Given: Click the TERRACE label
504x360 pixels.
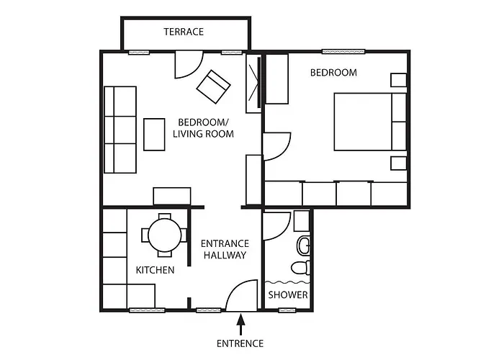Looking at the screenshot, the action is [x=184, y=32].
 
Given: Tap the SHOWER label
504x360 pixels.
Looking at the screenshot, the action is [x=288, y=294].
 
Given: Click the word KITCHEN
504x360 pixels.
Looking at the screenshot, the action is [x=155, y=270].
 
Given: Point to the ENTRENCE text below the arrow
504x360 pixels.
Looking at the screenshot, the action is [x=240, y=343].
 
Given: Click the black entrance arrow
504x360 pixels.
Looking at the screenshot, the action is [x=240, y=325].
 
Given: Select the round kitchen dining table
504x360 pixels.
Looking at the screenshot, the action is [x=165, y=235].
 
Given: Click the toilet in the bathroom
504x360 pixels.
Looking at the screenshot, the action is [x=301, y=268].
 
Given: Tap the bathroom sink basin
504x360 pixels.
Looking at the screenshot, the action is [x=304, y=246].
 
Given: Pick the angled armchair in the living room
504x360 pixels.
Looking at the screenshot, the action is [x=213, y=87].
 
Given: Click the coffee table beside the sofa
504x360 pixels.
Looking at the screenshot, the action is [x=154, y=135].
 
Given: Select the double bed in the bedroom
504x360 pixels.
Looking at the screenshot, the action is [x=370, y=122].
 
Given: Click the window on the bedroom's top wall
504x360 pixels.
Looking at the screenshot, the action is [x=343, y=51].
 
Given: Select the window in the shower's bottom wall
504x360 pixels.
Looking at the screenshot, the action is [x=287, y=310].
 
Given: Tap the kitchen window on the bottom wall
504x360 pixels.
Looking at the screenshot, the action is [x=147, y=310].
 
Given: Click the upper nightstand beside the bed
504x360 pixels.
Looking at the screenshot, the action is [x=399, y=80].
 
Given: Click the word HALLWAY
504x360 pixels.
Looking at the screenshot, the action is [x=225, y=255].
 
